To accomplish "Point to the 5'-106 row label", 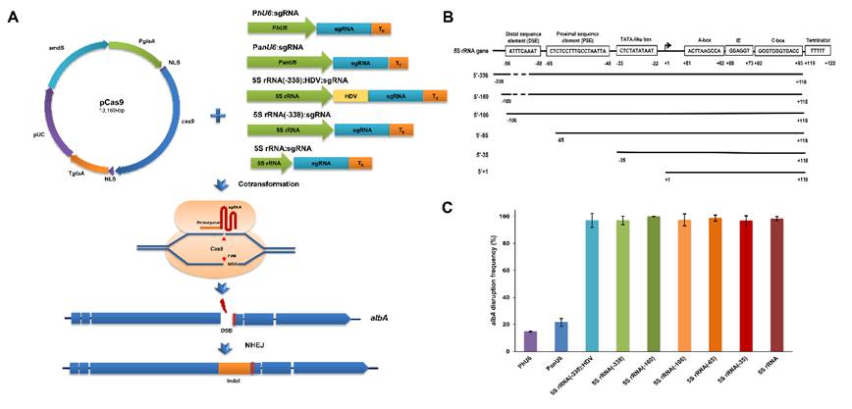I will click(481, 114).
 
